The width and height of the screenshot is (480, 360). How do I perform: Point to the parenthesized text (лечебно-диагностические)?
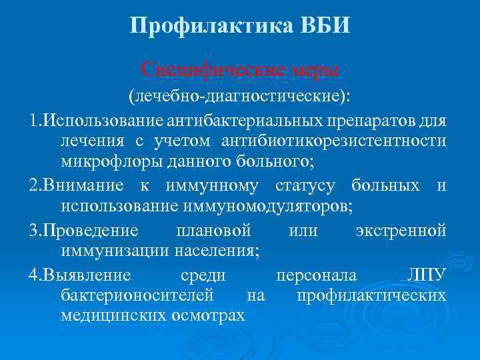tap(239, 97)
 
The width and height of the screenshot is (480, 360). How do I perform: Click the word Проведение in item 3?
tap(91, 231)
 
